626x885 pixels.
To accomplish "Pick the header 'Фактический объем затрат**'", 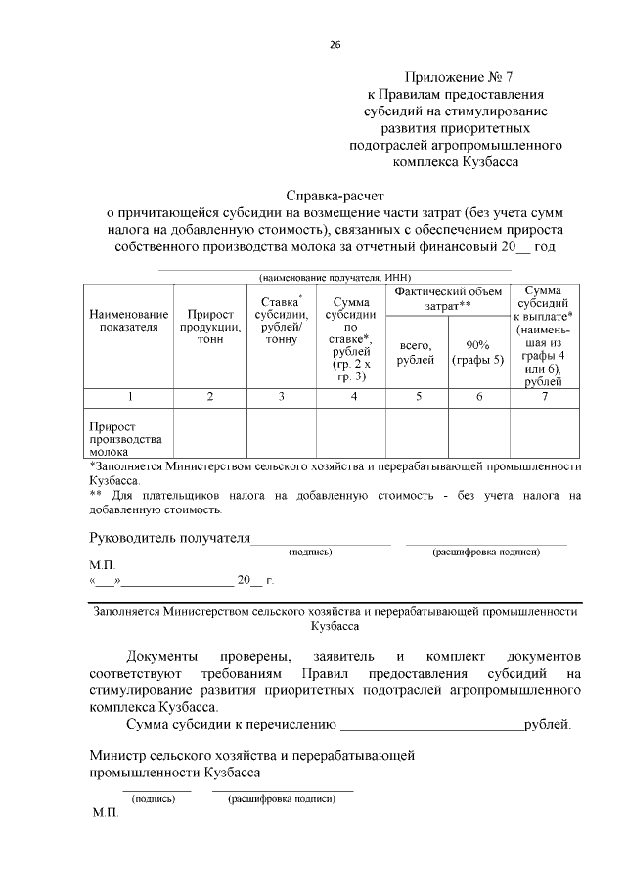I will [x=448, y=299].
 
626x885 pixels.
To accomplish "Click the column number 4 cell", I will [x=352, y=397].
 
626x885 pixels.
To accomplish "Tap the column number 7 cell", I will [x=543, y=397].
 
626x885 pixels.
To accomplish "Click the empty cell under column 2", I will [x=210, y=432].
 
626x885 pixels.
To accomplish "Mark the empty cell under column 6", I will [x=477, y=432].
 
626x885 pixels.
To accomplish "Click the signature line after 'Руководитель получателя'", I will [x=322, y=540].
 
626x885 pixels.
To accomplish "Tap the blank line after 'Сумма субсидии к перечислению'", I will [x=430, y=727].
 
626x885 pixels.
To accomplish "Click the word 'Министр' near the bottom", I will [x=114, y=755].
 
